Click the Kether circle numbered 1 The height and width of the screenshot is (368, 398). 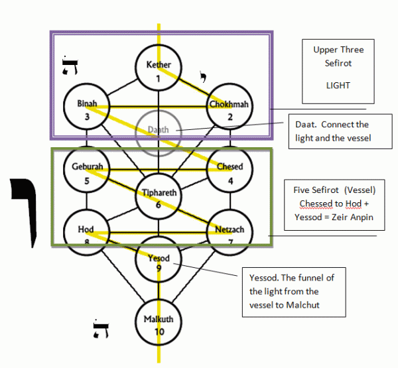[x=159, y=70]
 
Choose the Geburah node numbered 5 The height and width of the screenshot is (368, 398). [x=86, y=172]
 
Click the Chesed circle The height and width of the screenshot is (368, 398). [x=230, y=172]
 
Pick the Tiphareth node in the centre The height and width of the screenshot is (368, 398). [x=158, y=197]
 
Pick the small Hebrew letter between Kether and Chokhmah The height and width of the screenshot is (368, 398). [x=203, y=78]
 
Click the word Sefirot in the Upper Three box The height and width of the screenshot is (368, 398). [x=338, y=64]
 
